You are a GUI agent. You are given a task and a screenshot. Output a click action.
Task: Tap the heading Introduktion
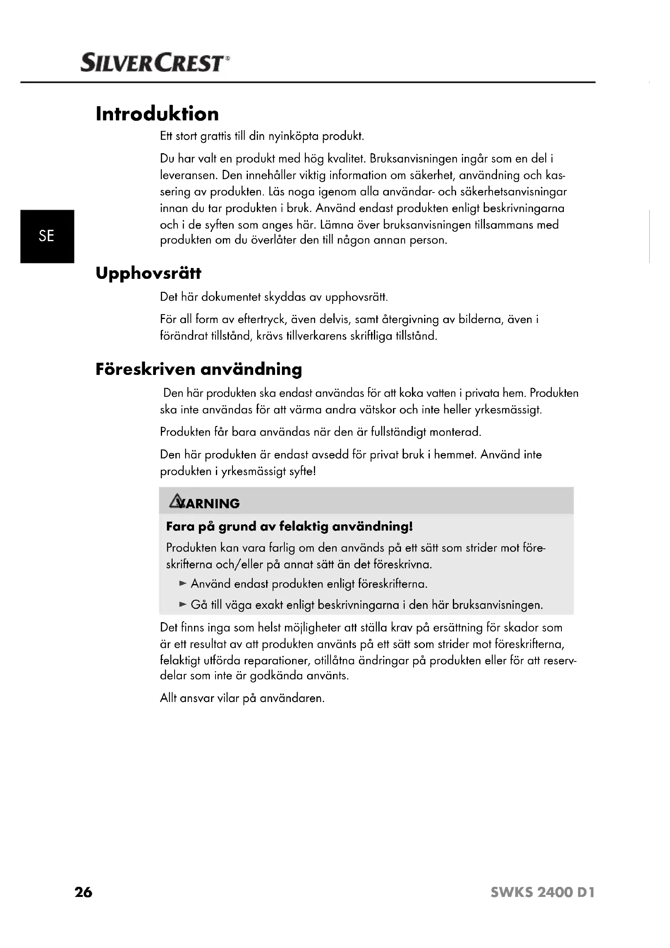coord(157,114)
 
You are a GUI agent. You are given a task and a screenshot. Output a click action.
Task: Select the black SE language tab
coord(47,236)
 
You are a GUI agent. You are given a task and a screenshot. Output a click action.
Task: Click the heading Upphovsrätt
coord(149,273)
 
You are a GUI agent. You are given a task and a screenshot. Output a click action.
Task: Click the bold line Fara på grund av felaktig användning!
coord(289,526)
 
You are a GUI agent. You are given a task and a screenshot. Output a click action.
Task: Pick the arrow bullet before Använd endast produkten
coord(183,584)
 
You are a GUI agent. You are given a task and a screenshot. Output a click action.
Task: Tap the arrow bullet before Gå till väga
coord(183,605)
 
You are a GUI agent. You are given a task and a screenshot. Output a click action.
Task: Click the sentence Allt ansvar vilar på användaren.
coord(242,698)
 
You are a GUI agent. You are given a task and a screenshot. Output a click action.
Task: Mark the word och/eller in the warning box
coord(239,565)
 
